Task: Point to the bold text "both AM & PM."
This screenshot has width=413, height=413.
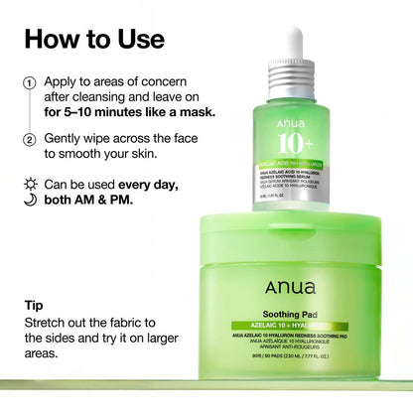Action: click(95, 200)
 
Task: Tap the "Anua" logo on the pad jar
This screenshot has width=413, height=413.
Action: click(290, 288)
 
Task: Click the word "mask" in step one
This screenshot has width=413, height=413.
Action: click(193, 112)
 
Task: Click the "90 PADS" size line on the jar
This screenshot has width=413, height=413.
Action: click(289, 353)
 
